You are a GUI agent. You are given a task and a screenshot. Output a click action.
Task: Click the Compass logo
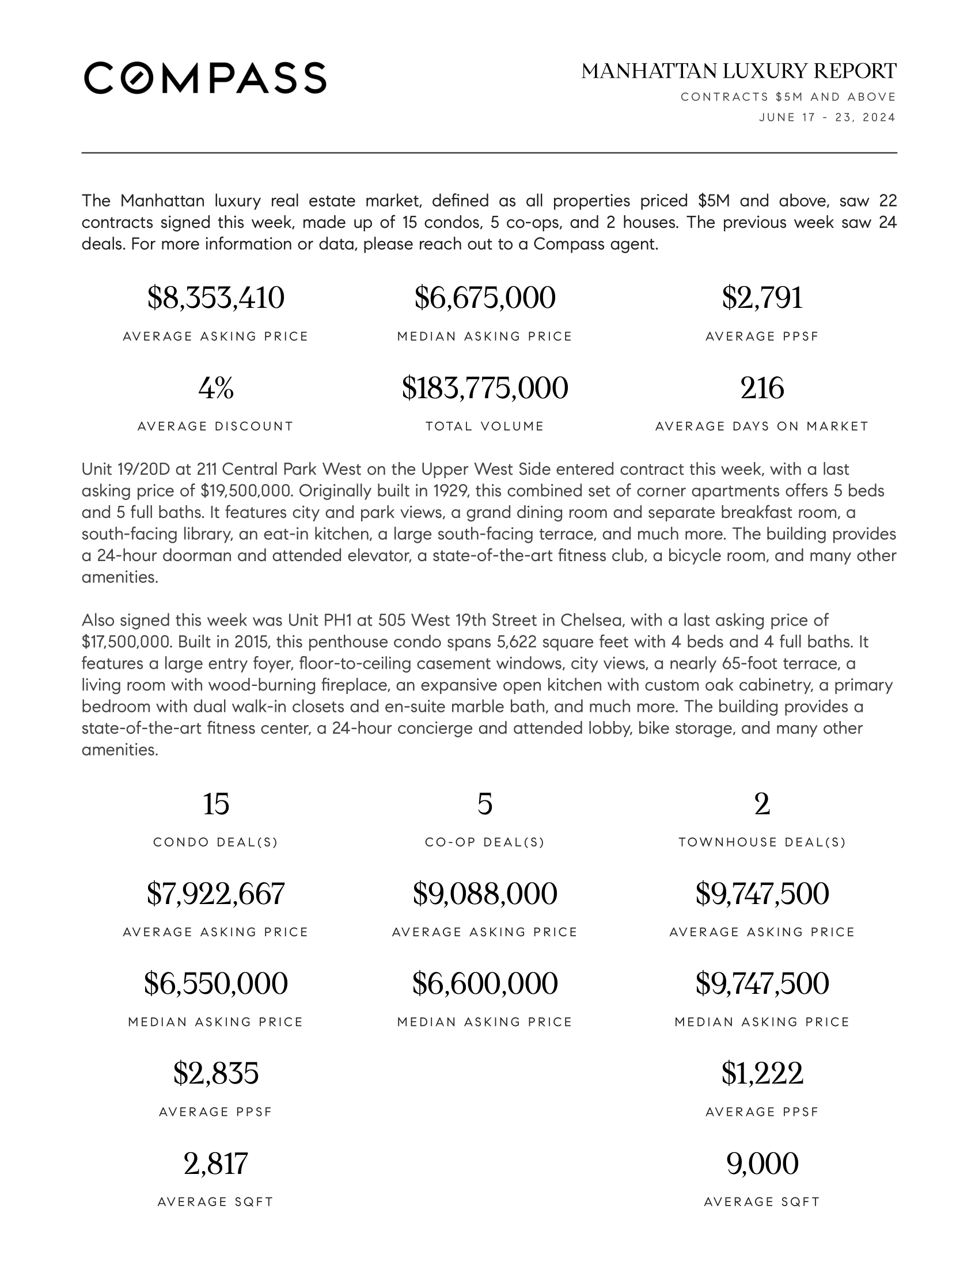pyautogui.click(x=205, y=78)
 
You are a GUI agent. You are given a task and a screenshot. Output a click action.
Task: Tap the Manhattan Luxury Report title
pyautogui.click(x=739, y=71)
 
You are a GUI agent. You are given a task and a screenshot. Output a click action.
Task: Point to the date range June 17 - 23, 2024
pyautogui.click(x=827, y=117)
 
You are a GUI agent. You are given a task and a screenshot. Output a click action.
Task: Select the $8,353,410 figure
pyautogui.click(x=216, y=298)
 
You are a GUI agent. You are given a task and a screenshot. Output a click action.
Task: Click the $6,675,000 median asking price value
pyautogui.click(x=485, y=298)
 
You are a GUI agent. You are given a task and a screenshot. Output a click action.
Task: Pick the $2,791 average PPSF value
pyautogui.click(x=762, y=298)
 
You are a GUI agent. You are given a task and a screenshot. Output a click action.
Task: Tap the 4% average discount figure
pyautogui.click(x=216, y=388)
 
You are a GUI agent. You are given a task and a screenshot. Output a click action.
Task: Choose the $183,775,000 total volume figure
pyautogui.click(x=485, y=388)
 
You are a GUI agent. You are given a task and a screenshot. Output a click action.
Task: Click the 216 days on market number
pyautogui.click(x=762, y=388)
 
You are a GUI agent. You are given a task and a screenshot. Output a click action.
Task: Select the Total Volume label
pyautogui.click(x=485, y=426)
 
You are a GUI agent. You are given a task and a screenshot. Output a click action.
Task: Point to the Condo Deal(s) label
pyautogui.click(x=216, y=842)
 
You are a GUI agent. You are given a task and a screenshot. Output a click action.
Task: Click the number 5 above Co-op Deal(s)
pyautogui.click(x=485, y=804)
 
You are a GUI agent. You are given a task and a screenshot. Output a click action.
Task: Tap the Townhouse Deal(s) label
pyautogui.click(x=762, y=842)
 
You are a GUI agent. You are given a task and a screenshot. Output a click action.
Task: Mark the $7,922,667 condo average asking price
pyautogui.click(x=216, y=893)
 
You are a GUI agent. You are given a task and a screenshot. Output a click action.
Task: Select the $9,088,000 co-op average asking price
pyautogui.click(x=485, y=893)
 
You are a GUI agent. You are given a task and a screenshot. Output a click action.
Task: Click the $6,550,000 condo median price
pyautogui.click(x=216, y=983)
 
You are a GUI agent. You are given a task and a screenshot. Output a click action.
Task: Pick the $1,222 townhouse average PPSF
pyautogui.click(x=762, y=1073)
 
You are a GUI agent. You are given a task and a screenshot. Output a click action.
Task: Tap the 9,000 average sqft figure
pyautogui.click(x=762, y=1164)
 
